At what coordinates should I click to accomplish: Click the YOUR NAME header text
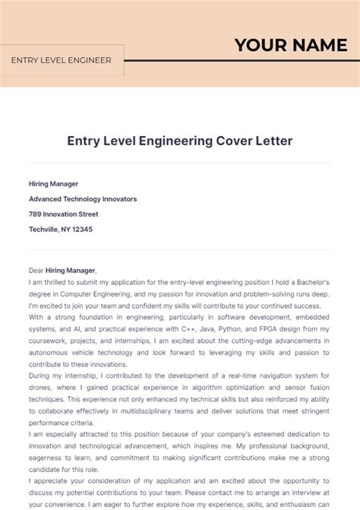[x=290, y=45]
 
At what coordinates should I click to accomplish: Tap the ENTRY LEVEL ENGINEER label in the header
[x=61, y=60]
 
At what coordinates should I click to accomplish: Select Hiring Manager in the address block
[x=53, y=183]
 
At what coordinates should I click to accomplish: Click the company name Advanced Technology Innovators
[x=83, y=198]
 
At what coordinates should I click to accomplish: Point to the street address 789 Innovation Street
[x=63, y=214]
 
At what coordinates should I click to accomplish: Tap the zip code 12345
[x=81, y=229]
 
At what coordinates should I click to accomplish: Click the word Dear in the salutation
[x=36, y=270]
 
